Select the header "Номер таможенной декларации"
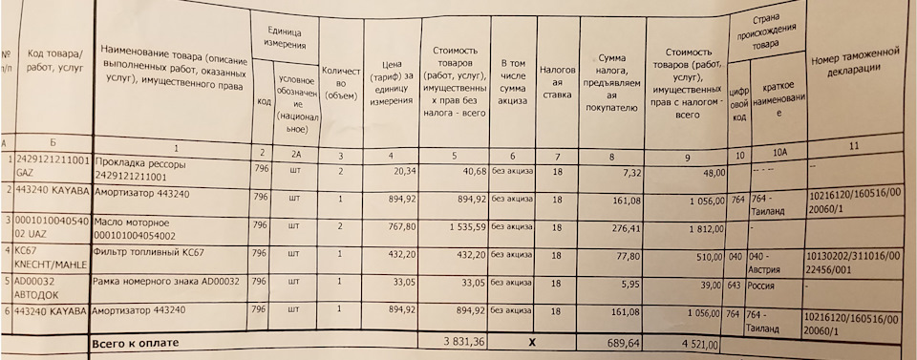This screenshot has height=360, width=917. click(858, 68)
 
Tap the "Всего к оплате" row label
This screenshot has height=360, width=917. click(133, 341)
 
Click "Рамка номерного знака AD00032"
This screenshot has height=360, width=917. click(164, 283)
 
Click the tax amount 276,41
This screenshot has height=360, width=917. click(612, 229)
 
